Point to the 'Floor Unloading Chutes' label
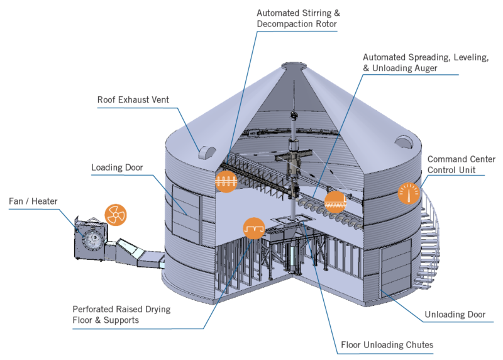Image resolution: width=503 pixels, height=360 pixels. coord(387,345)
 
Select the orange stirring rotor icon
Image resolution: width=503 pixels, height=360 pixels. coord(224,181)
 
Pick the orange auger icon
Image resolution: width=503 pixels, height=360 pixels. coord(334,201)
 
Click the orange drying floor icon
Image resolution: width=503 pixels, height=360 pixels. coord(253,228)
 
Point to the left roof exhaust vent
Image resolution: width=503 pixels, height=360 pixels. coord(207,152)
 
